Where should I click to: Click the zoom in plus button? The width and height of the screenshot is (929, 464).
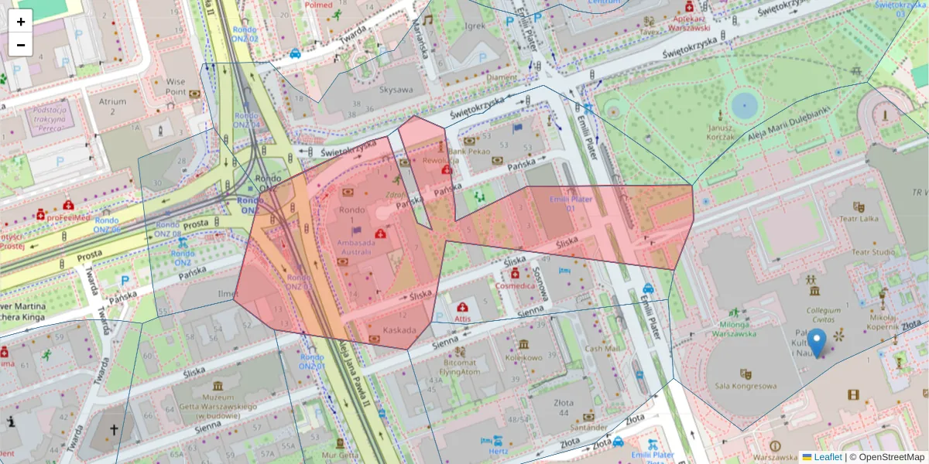(21, 22)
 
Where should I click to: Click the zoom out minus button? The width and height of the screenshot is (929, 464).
(21, 45)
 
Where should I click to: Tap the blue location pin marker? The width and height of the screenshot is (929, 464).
(816, 343)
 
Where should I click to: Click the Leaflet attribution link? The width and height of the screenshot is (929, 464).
(827, 457)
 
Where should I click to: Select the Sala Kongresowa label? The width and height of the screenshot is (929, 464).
(746, 385)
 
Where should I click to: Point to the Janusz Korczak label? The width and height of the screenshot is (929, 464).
(720, 132)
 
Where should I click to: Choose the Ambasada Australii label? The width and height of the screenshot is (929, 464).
(355, 247)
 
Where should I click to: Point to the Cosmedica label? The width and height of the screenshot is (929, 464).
(515, 285)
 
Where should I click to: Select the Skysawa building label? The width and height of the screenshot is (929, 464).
(396, 89)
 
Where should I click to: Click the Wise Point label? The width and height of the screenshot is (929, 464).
(176, 86)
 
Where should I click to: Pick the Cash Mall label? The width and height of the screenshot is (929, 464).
(602, 348)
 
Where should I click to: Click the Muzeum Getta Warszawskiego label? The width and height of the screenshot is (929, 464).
(218, 402)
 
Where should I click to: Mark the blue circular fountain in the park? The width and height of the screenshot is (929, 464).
(744, 104)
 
